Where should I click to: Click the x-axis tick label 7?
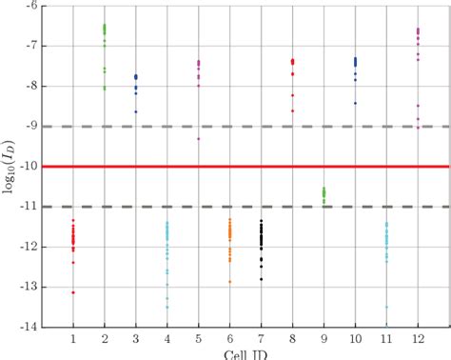click(262, 339)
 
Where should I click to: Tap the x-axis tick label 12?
click(418, 339)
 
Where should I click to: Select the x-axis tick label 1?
click(73, 339)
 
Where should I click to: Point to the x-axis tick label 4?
click(167, 339)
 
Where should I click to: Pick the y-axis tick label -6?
click(35, 6)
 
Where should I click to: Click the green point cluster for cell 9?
click(324, 194)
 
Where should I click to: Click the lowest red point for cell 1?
click(73, 292)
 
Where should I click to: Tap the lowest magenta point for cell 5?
click(199, 139)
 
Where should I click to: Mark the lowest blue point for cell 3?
click(136, 111)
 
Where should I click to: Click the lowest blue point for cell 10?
click(355, 103)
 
